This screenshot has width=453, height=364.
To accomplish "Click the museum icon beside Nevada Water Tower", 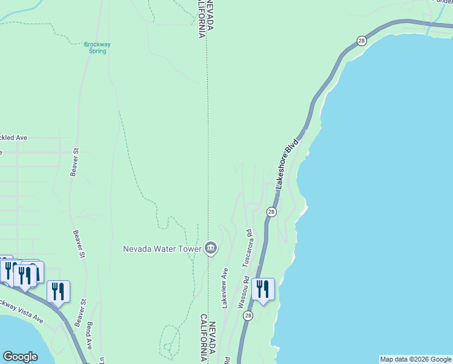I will pos(211,248).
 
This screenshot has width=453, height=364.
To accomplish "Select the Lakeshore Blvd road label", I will pos(288,165).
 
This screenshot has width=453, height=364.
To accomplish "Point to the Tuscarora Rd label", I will pos(246,248).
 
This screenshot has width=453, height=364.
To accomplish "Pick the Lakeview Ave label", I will pos(225,288).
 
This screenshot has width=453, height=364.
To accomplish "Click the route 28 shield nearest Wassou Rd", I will pos(248,315).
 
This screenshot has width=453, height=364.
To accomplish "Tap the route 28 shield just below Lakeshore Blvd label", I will pos(271,212).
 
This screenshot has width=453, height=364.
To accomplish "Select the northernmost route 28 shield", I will pos(362,41).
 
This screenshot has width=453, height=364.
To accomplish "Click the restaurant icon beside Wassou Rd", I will pos(263,289).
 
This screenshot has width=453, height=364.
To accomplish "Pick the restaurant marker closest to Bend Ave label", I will pos(58,292).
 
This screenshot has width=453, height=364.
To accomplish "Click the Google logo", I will pos(20,357).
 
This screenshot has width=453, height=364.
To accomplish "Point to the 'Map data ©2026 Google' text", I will pos(415,359).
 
